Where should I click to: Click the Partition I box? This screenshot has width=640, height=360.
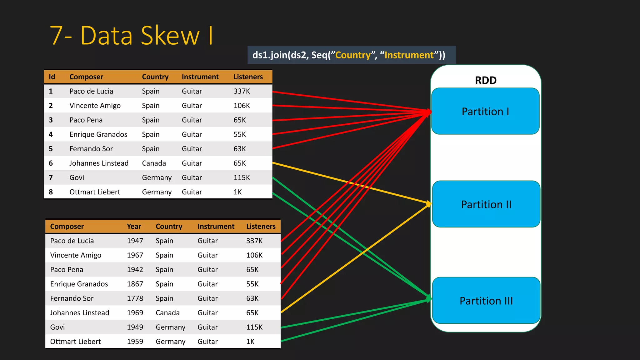[485, 111]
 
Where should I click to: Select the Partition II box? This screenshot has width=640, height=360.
[486, 204]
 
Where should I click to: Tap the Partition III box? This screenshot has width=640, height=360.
[486, 301]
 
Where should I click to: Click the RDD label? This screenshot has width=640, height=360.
[485, 80]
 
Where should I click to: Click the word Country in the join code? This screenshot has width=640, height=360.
[353, 55]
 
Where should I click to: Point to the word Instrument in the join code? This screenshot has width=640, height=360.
[409, 55]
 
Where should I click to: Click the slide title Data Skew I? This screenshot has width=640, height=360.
[132, 35]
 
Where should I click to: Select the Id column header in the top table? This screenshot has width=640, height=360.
[52, 77]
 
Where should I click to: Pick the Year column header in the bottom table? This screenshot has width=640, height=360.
[134, 227]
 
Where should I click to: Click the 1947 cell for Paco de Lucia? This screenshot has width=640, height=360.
[135, 241]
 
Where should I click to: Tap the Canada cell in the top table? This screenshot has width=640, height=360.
[154, 163]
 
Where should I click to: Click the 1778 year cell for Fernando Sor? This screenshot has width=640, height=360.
[135, 298]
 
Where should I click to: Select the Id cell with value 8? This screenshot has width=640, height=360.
[51, 192]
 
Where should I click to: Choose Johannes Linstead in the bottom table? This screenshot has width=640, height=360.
[79, 313]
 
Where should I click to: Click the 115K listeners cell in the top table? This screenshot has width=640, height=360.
[242, 177]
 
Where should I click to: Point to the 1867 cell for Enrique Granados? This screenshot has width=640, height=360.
[135, 284]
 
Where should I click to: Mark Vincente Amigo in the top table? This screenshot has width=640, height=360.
[95, 106]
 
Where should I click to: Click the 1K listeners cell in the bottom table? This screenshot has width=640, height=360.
[250, 342]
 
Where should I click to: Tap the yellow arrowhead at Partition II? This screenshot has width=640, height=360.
[429, 204]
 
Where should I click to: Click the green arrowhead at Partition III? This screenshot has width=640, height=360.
[429, 298]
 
